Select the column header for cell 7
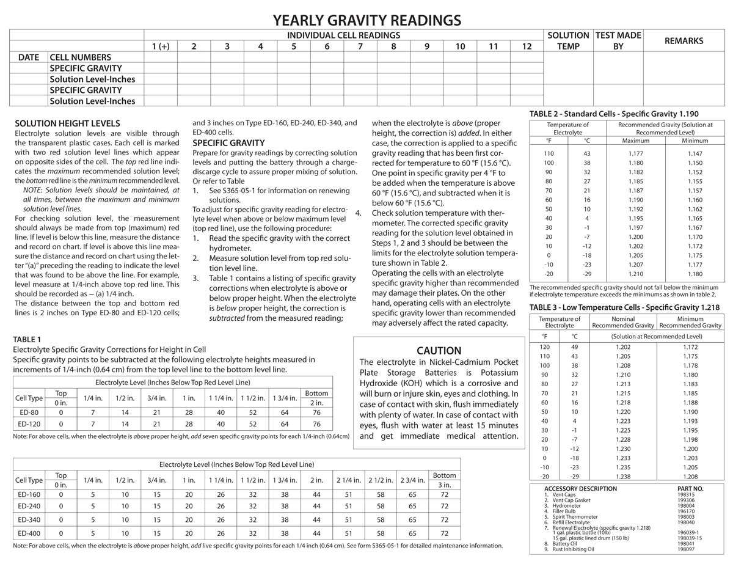(x=360, y=46)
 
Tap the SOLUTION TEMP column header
(x=568, y=41)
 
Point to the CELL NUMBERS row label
(x=80, y=57)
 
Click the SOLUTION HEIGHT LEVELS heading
(x=67, y=123)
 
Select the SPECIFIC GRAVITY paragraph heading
(x=228, y=143)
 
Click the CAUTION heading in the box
(x=439, y=351)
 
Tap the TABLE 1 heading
(x=27, y=339)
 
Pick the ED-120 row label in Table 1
(x=29, y=424)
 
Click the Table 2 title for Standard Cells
(x=613, y=114)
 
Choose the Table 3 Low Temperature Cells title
(x=624, y=307)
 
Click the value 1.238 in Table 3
(x=624, y=477)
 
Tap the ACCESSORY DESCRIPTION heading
(x=580, y=489)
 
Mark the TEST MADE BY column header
(x=618, y=41)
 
